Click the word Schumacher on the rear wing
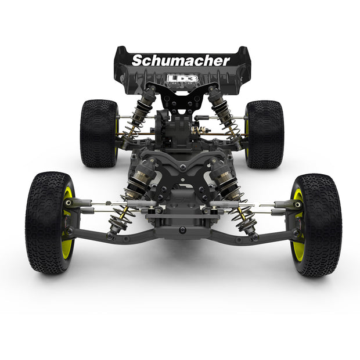click(181, 60)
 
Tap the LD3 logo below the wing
click(182, 78)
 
